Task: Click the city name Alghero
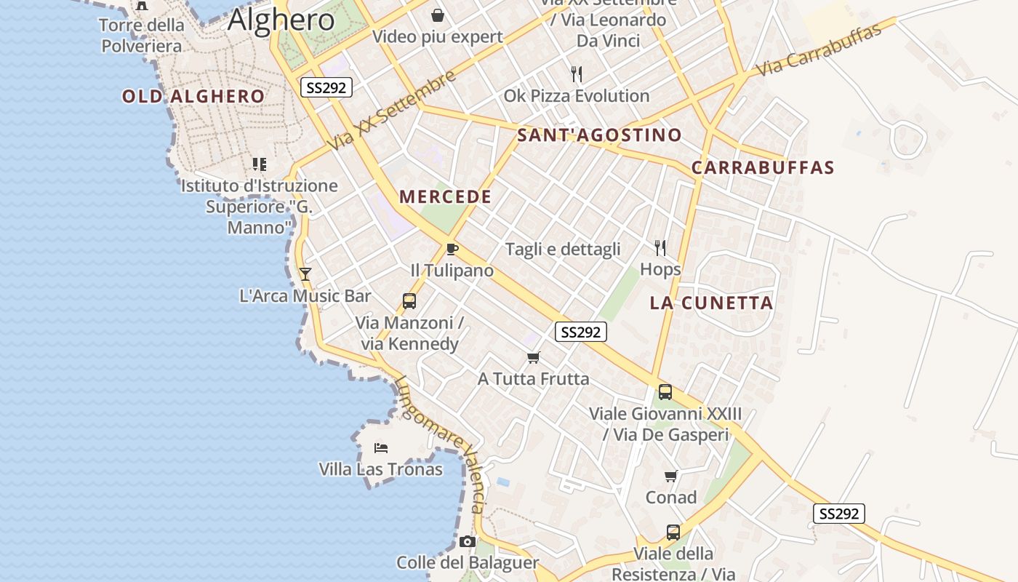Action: (281, 20)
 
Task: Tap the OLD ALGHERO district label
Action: (193, 96)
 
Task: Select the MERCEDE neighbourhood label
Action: (445, 196)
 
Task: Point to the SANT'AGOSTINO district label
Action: (599, 135)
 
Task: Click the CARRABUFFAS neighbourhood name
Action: (763, 167)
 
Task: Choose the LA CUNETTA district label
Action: (711, 303)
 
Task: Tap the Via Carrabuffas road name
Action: (819, 49)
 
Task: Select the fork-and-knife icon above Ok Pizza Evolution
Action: (577, 73)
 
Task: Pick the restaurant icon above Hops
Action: (660, 248)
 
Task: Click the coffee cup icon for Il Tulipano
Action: (452, 250)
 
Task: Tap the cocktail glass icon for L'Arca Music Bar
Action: (305, 274)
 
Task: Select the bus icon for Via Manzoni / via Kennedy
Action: (409, 301)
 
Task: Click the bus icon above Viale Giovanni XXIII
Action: (665, 392)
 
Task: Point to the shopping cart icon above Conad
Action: (670, 476)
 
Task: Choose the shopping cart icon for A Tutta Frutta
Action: (534, 357)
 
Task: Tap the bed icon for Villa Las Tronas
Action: (380, 447)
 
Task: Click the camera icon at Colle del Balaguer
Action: (468, 541)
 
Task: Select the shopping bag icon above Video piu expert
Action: (438, 15)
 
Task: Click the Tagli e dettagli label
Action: (563, 250)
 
